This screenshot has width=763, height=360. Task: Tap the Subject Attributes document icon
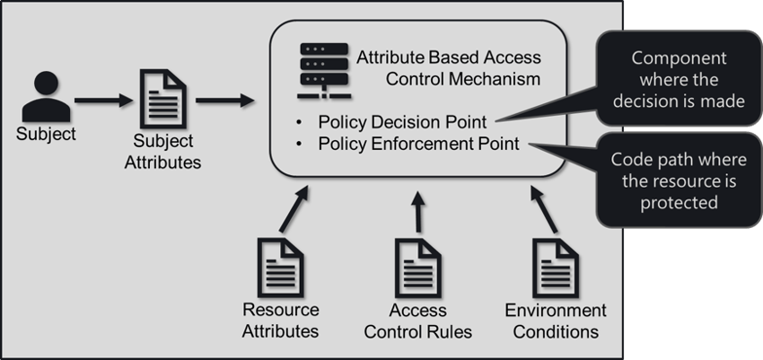coord(164,99)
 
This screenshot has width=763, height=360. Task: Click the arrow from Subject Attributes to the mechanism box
coord(224,100)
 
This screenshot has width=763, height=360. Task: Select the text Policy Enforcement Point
coord(418,144)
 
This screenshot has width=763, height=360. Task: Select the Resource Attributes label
coord(280,320)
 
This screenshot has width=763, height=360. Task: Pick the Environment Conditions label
coord(556,320)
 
